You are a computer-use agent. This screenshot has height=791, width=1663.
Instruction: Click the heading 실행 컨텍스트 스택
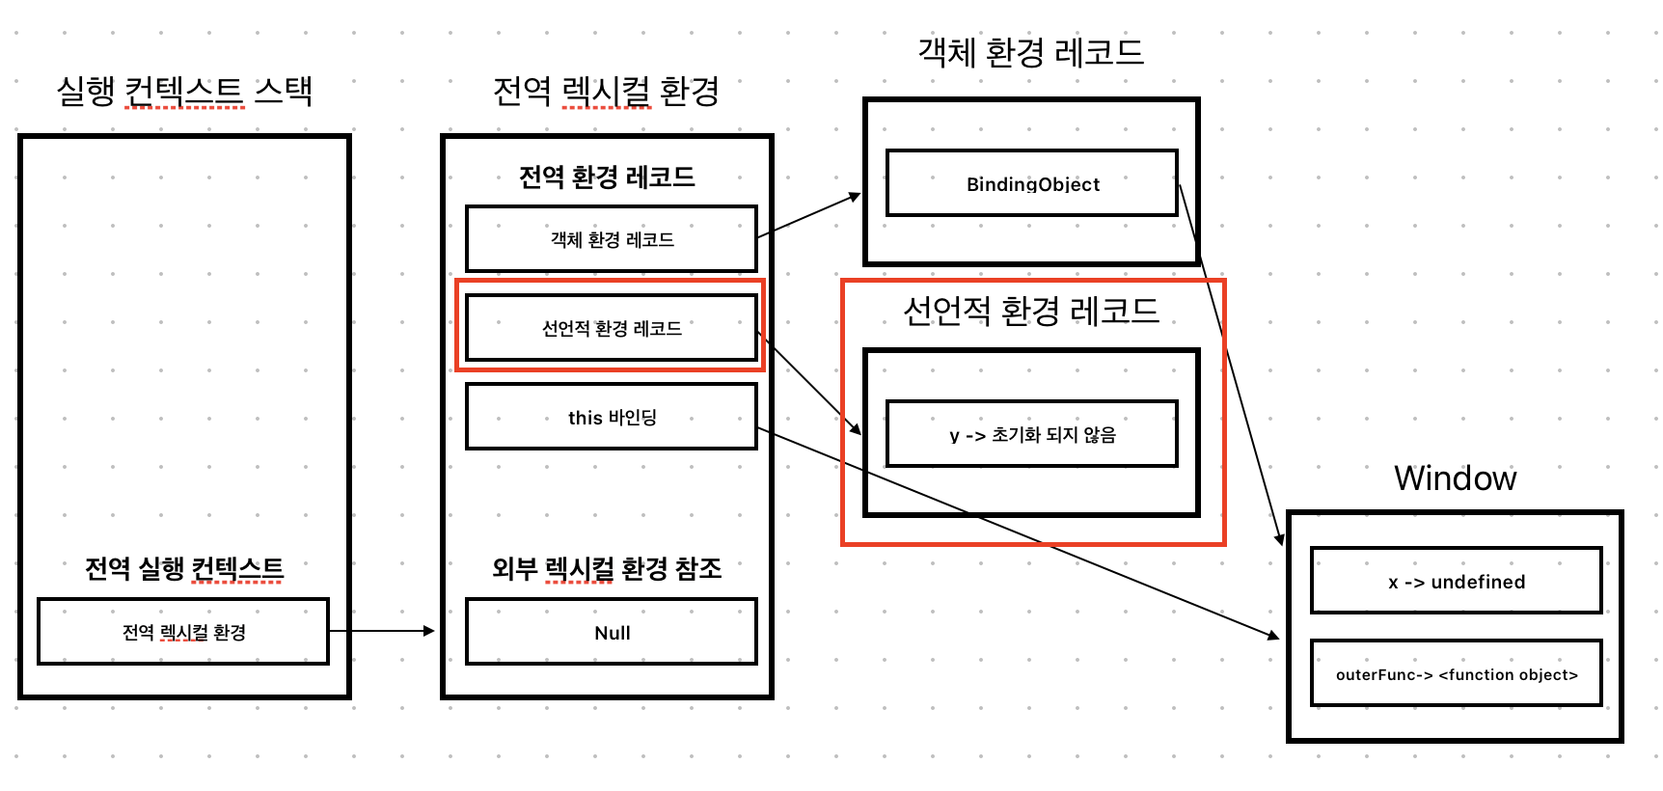click(184, 92)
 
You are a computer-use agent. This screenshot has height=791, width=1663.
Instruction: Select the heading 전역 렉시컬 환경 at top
click(606, 92)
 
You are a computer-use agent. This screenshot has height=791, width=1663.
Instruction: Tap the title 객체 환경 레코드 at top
click(1030, 52)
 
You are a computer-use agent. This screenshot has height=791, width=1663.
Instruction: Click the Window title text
click(1455, 478)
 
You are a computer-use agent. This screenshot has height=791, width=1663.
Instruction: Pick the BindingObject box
click(1032, 183)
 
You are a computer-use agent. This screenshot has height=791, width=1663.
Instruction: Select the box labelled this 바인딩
click(612, 417)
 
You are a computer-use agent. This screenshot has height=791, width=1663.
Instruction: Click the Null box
click(612, 632)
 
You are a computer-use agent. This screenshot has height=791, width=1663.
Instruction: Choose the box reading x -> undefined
click(1456, 581)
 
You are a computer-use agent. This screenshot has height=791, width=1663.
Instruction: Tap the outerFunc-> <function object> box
click(1456, 673)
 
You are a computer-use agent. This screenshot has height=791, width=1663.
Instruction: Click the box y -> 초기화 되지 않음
click(1032, 434)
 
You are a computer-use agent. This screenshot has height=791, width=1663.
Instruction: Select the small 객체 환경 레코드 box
click(612, 238)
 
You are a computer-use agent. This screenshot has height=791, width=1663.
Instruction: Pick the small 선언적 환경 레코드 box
click(612, 328)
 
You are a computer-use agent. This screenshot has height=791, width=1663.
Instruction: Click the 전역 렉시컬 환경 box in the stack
click(183, 632)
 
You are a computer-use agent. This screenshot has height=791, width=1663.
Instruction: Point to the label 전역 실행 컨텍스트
click(183, 568)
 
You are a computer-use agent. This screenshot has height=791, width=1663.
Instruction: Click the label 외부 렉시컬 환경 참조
click(606, 568)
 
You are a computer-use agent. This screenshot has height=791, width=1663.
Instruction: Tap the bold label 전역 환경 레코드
click(606, 177)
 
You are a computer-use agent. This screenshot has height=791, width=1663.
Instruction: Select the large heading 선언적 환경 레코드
click(1030, 311)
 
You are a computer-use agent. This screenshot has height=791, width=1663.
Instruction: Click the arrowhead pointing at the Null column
click(430, 631)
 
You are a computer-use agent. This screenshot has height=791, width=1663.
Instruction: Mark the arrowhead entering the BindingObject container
click(855, 196)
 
